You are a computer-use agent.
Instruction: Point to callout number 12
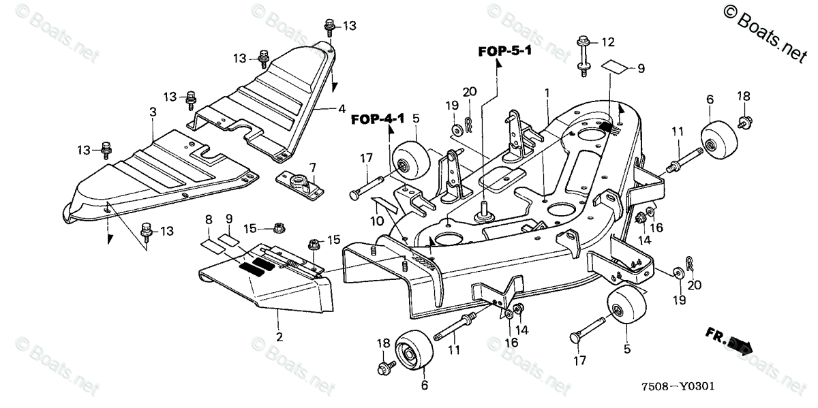(607, 42)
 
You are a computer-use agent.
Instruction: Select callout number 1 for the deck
(546, 91)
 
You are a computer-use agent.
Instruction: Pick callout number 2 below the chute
(279, 336)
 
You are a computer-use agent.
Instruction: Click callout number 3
(153, 110)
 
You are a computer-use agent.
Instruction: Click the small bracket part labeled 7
(299, 185)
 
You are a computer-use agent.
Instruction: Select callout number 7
(312, 167)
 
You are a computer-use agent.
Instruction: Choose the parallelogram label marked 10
(382, 203)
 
